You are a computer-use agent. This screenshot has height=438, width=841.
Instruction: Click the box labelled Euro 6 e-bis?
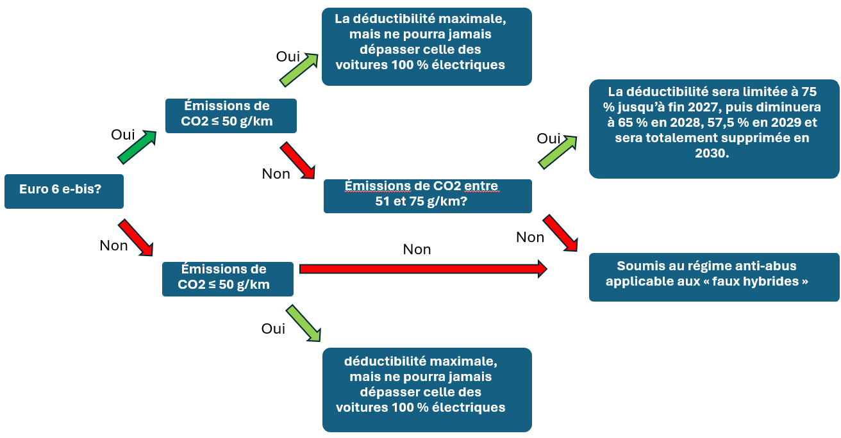click(x=64, y=191)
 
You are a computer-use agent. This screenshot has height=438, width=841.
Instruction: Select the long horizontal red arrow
click(x=423, y=269)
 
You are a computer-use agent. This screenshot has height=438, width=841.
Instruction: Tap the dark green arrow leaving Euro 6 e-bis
click(x=137, y=147)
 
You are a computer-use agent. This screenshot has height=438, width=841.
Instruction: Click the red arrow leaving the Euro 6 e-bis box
click(x=135, y=238)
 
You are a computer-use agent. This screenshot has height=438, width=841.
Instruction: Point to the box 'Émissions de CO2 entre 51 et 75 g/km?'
click(x=428, y=196)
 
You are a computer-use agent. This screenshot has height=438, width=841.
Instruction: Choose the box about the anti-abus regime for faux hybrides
click(x=714, y=277)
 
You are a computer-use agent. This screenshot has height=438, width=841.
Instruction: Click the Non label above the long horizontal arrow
click(x=417, y=249)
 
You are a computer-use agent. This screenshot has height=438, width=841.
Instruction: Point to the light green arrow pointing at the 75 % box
click(x=558, y=152)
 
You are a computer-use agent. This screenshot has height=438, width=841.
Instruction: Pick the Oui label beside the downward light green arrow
click(x=273, y=328)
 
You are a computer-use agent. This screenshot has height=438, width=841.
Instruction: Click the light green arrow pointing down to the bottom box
click(x=303, y=323)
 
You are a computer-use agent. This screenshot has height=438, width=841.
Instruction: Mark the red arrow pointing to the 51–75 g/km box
click(x=297, y=161)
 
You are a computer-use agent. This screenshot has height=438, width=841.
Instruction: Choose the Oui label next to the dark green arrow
click(x=122, y=134)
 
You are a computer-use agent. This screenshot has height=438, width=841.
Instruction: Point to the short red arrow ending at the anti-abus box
click(x=560, y=233)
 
